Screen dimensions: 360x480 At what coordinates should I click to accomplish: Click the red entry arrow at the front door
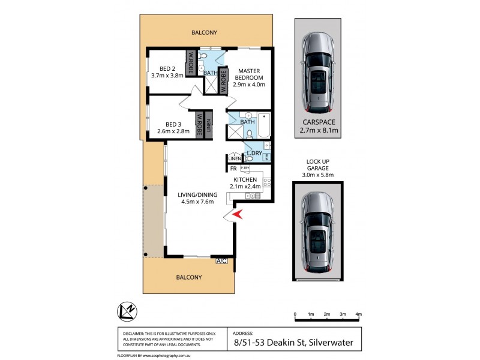237,214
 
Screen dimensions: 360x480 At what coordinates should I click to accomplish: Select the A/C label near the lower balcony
221,261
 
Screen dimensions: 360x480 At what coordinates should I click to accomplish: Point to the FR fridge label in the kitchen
233,169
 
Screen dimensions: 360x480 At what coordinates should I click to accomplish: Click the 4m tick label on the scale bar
358,314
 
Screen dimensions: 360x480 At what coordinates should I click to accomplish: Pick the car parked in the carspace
318,73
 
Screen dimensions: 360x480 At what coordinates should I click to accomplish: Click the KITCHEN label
245,179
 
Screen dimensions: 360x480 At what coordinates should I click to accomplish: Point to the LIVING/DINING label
195,194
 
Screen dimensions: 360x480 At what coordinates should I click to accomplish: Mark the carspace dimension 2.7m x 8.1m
318,130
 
